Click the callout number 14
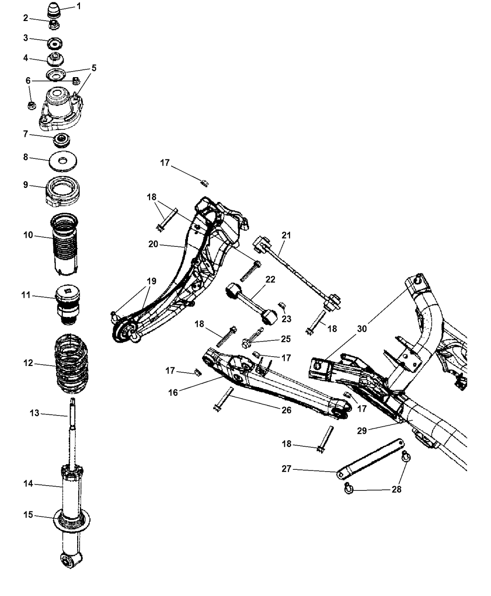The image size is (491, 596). tap(28, 484)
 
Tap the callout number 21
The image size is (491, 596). tap(286, 235)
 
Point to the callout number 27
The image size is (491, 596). tap(299, 469)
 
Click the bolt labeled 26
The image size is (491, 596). tap(223, 400)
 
